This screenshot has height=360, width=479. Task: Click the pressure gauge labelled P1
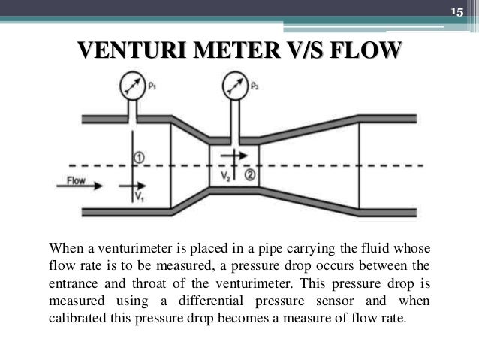click(133, 87)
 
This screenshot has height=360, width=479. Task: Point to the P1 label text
click(152, 86)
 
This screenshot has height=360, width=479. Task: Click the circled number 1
click(139, 156)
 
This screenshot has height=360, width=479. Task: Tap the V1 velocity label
click(139, 196)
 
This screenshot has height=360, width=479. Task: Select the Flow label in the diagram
click(77, 181)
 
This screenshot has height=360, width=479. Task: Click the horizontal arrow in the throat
click(232, 155)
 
